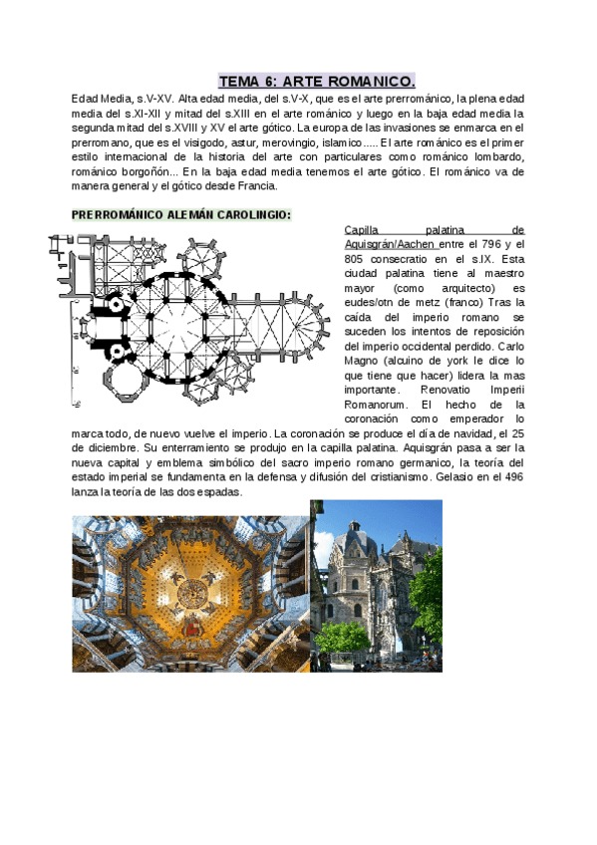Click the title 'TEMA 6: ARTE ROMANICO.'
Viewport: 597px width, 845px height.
tap(317, 81)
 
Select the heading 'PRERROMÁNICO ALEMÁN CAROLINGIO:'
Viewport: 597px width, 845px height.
tap(181, 214)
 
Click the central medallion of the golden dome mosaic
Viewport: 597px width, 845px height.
tap(189, 599)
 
